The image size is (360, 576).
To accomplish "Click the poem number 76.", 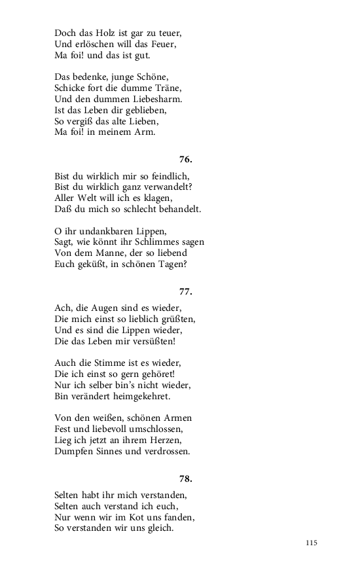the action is tap(185, 159).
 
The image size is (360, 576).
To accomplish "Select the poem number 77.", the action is tap(185, 292).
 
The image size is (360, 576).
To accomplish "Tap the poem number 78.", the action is tap(185, 478).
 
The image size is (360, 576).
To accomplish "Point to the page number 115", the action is tap(311, 543).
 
